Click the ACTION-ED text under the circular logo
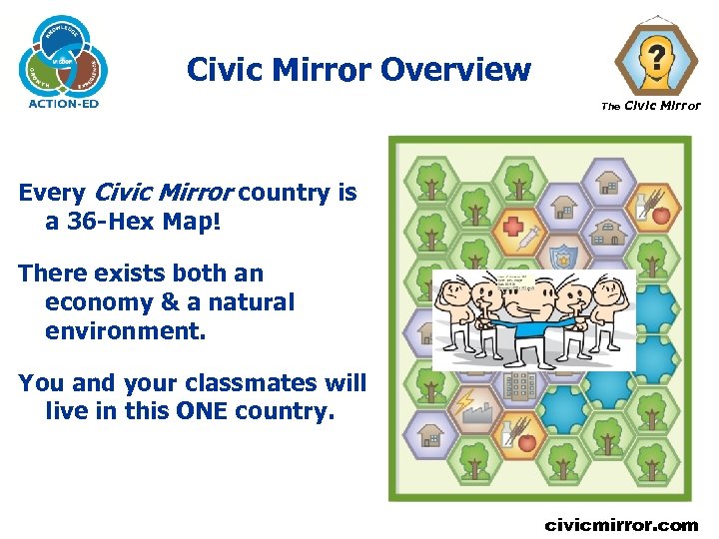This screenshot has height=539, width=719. point(63,103)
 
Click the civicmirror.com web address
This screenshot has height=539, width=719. point(621,524)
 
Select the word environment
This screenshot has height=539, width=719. point(125,329)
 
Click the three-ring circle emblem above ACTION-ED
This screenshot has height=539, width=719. point(63,56)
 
